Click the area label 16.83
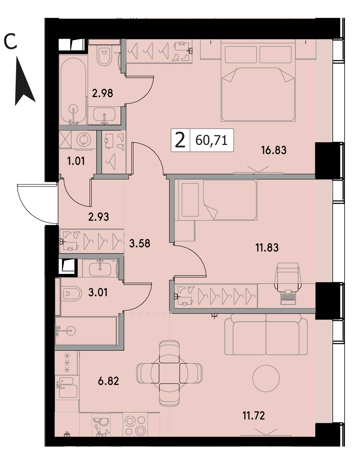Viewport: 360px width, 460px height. point(274,150)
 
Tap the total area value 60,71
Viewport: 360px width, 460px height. point(211,140)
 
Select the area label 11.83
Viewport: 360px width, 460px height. point(267,247)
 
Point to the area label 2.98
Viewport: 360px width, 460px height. point(102,93)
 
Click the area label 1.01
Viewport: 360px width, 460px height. point(76,161)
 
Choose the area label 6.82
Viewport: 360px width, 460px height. point(108,381)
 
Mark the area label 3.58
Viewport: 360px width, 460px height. point(139,243)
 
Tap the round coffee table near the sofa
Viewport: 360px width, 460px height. point(266,378)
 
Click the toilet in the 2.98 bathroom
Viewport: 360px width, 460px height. point(104,56)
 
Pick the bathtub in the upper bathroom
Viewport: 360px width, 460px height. point(73,92)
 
